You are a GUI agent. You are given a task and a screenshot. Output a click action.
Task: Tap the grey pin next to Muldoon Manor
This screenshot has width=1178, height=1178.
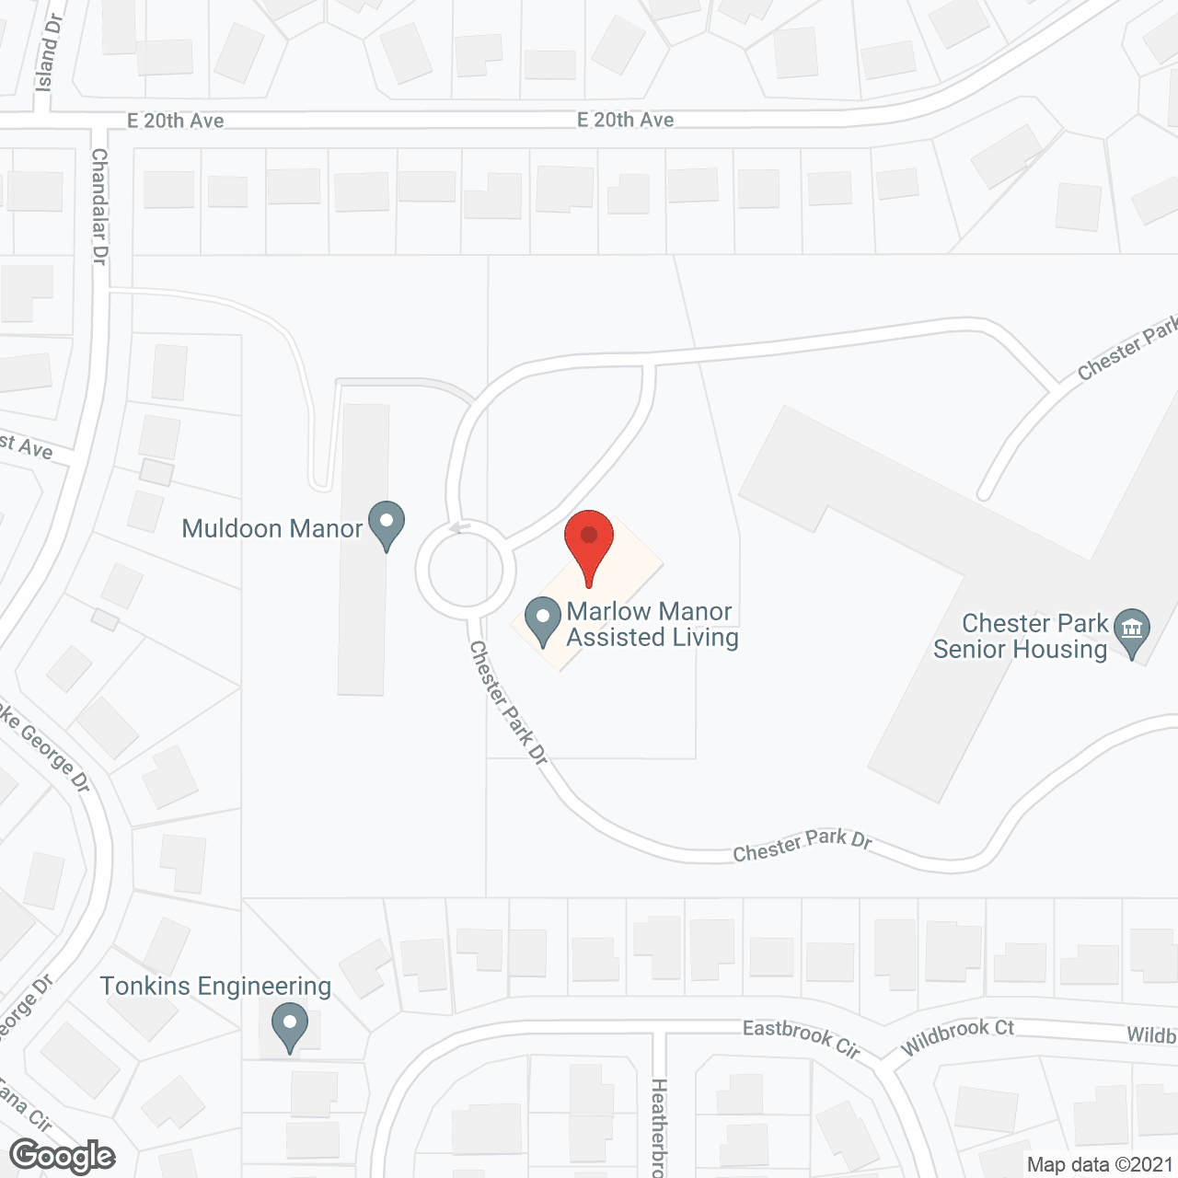387,524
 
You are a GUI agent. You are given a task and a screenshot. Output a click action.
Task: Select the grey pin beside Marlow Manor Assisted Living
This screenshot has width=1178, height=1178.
543,620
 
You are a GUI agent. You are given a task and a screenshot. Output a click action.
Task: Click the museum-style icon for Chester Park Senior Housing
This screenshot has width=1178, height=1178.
1131,629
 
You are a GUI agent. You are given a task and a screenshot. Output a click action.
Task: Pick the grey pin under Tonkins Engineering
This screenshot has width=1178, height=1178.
290,1025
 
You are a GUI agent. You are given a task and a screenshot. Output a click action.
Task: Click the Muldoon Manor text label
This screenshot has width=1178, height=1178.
272,528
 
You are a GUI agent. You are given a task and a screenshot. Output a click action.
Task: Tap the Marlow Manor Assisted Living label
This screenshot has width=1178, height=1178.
652,624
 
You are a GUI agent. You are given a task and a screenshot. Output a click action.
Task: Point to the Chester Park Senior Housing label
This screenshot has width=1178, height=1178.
1022,636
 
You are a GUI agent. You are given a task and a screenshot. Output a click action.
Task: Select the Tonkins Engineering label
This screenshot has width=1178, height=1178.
215,986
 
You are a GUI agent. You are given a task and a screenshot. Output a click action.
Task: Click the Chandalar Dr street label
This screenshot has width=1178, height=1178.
99,207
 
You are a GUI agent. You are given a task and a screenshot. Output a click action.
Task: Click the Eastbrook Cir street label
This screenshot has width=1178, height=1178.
801,1036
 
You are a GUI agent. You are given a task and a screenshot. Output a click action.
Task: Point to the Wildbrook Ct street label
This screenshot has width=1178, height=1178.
957,1036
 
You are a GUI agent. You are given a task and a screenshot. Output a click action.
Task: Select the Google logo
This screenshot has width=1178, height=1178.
63,1155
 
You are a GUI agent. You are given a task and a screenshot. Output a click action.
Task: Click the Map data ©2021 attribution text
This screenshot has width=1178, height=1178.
1100,1164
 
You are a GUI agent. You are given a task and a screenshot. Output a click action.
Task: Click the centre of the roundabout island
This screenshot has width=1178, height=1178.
465,572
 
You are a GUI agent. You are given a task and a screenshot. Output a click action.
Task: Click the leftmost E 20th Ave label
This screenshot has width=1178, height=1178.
175,121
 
